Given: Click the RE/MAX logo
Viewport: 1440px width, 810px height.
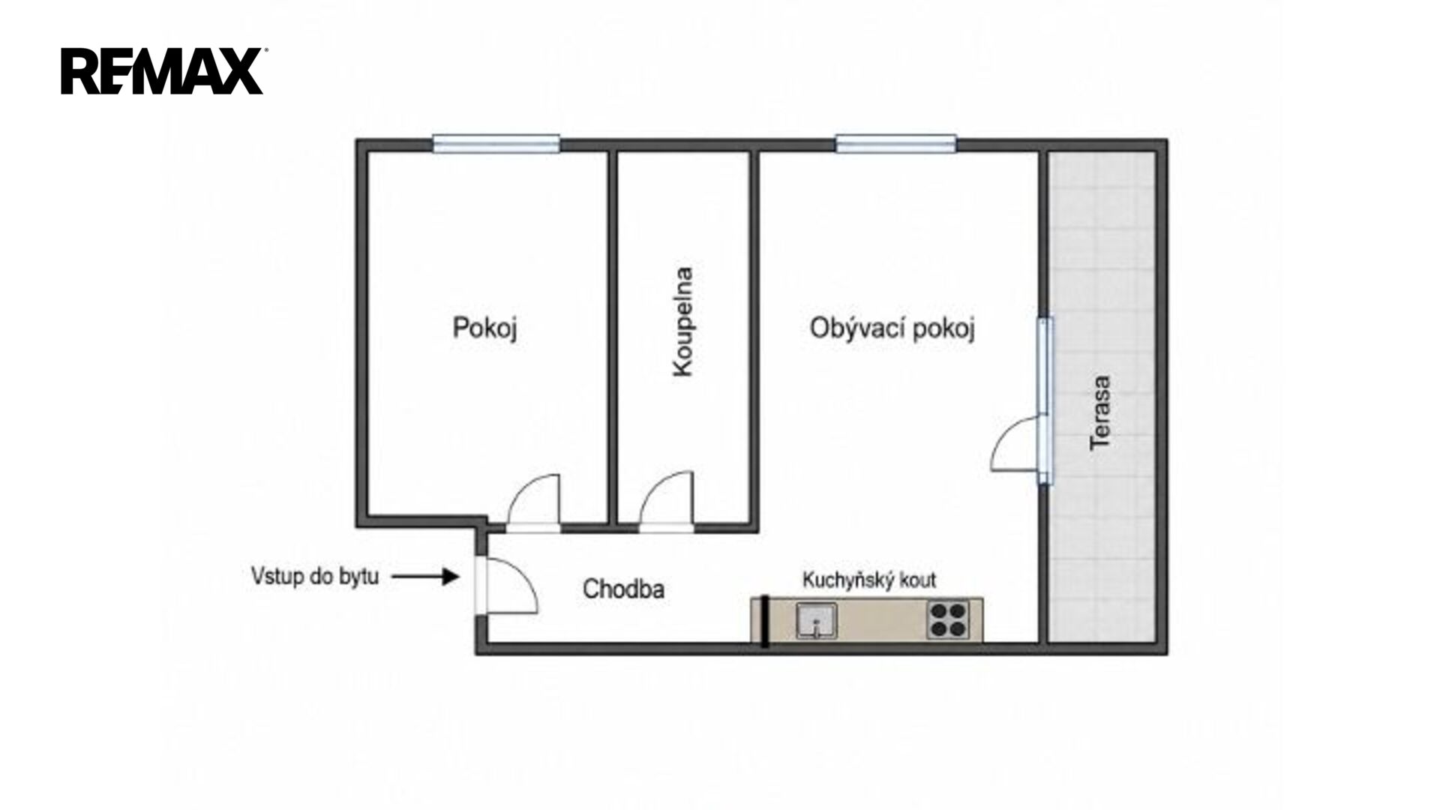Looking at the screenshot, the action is [x=162, y=71].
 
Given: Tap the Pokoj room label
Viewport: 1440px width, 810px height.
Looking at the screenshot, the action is [x=485, y=328].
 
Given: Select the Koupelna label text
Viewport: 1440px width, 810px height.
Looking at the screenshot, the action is [x=682, y=322].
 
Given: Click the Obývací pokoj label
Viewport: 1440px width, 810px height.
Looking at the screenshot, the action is [x=892, y=329].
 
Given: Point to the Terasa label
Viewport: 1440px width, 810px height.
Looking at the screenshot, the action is [x=1100, y=412].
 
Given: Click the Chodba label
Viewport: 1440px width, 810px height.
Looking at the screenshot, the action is [x=623, y=589].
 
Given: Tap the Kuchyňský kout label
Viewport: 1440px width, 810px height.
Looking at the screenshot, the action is [x=869, y=580].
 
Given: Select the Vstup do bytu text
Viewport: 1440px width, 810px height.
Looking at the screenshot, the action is [x=315, y=576].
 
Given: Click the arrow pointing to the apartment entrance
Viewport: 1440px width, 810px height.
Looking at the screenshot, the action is [x=425, y=576].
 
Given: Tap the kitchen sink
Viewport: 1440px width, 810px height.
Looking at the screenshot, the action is [x=817, y=620].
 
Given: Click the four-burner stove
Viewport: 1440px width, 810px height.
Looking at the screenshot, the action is [x=948, y=619].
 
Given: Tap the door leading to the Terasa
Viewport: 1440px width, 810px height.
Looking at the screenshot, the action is [x=1018, y=444].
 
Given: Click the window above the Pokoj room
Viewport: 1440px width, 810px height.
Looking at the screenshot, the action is [x=496, y=143].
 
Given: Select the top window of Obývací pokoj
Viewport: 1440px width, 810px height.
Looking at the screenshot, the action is [x=896, y=143].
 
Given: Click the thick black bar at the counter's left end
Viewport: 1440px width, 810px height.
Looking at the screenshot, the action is [x=764, y=620].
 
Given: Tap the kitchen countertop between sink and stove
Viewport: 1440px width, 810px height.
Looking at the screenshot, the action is [x=882, y=620].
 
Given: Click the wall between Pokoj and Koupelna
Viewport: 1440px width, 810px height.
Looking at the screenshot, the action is [x=612, y=337].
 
